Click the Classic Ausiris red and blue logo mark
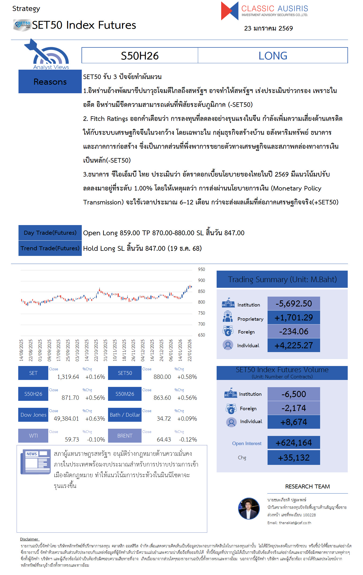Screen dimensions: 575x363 (229, 11)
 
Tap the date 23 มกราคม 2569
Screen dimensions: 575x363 (268, 28)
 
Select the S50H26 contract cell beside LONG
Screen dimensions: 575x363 (140, 56)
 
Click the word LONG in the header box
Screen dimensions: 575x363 (273, 56)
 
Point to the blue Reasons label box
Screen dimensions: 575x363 (50, 82)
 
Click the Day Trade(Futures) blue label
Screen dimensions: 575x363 (50, 233)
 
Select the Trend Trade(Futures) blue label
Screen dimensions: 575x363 (50, 248)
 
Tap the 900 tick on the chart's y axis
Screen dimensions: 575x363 (201, 280)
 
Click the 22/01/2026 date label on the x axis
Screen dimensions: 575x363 (190, 350)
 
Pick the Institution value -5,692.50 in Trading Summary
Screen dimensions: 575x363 (294, 304)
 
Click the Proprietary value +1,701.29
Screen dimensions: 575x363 (294, 318)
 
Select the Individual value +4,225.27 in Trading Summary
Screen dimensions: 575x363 (294, 345)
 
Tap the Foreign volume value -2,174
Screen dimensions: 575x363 (294, 408)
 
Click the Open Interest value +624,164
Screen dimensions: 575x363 (294, 443)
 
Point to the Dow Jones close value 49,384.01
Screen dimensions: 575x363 (66, 419)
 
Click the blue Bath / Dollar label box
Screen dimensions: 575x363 (125, 415)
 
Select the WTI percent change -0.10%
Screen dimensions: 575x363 (96, 439)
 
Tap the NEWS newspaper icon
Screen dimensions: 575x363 (35, 462)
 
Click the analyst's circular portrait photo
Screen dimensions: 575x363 (249, 508)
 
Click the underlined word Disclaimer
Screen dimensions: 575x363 (29, 539)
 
